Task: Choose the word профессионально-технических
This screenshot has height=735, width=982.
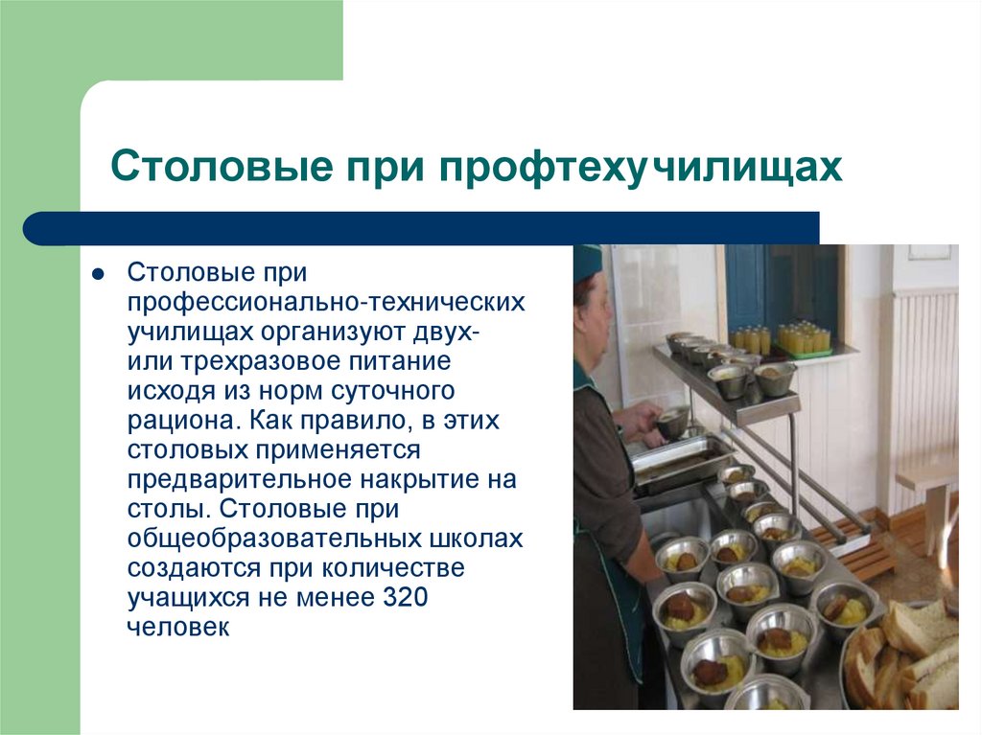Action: [326, 303]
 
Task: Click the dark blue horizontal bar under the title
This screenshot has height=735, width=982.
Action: [421, 228]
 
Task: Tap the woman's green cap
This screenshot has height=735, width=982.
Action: [587, 261]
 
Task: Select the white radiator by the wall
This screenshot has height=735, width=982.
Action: [923, 383]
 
